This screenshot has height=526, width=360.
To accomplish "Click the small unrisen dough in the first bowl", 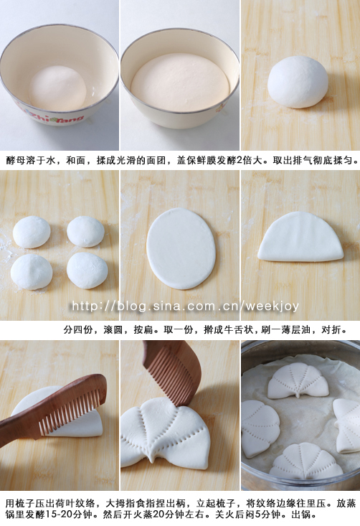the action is [x=57, y=88].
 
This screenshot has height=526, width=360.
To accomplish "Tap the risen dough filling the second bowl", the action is [x=180, y=83].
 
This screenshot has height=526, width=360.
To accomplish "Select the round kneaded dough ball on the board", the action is [x=298, y=82].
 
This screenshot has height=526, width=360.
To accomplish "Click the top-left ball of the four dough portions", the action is [x=32, y=232].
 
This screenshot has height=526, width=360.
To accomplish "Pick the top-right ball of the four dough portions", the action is [x=85, y=232].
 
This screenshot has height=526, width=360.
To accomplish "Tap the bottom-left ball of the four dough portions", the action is [x=32, y=272].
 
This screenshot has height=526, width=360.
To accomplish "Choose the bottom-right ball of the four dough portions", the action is [x=87, y=271].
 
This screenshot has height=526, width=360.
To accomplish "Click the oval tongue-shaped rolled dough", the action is [x=181, y=248].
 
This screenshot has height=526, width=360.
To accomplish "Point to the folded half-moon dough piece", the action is [x=300, y=237].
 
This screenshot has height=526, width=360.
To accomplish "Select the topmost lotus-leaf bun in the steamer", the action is [x=298, y=380].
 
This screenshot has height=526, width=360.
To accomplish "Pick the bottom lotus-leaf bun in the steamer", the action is [x=305, y=461].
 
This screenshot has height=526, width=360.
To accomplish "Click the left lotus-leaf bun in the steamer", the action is [x=259, y=428].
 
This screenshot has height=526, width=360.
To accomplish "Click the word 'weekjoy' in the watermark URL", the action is [x=272, y=306].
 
